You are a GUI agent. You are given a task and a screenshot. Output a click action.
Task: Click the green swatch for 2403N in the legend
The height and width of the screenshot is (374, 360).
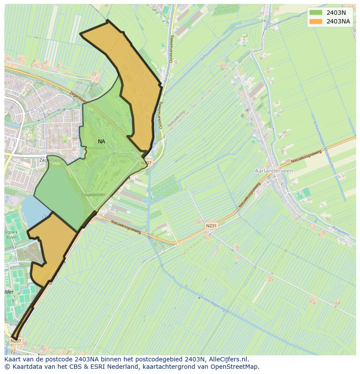pyautogui.click(x=316, y=13)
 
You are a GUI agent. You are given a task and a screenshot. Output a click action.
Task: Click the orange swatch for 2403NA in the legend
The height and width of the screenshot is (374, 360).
pyautogui.click(x=316, y=21)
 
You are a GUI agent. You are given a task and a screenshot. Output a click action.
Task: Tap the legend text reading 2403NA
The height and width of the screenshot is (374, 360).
pyautogui.click(x=338, y=21)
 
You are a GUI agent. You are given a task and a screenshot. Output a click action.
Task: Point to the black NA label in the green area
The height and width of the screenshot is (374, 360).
pyautogui.click(x=101, y=142)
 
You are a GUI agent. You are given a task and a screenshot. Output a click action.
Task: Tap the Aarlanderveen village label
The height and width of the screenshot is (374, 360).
pyautogui.click(x=274, y=171)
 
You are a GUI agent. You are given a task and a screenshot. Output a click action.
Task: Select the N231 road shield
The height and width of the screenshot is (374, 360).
pyautogui.click(x=211, y=226)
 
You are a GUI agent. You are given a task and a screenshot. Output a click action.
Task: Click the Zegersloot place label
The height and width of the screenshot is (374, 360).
pyautogui.click(x=49, y=160)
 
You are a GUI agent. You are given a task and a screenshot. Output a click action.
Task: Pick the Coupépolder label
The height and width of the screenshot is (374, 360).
pyautogui.click(x=93, y=195)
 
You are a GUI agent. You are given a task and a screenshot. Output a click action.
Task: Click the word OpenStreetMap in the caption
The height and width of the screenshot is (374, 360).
pyautogui.click(x=235, y=367)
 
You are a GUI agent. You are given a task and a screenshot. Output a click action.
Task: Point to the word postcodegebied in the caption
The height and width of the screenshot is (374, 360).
pyautogui.click(x=153, y=360)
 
